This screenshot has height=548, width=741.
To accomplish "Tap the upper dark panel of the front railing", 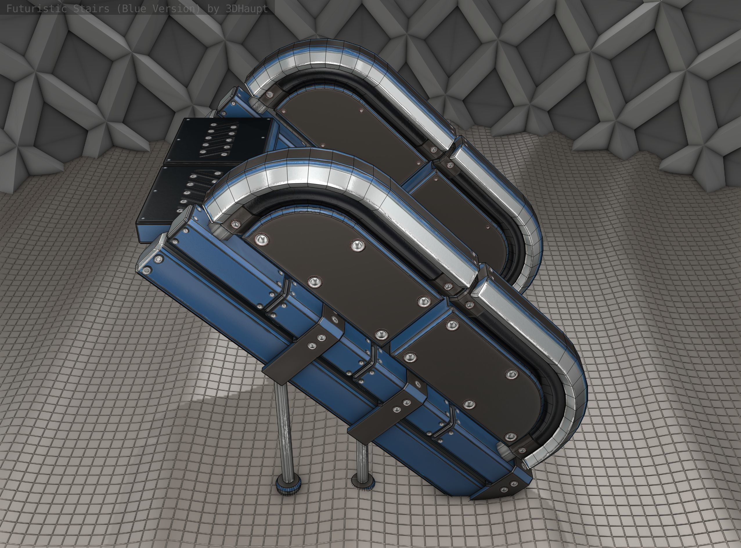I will click(339, 282).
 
